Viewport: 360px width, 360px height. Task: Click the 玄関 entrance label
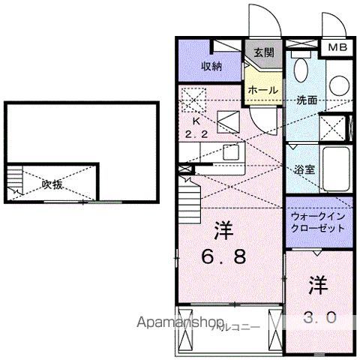click(x=262, y=52)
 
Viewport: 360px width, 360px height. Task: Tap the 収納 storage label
click(x=211, y=66)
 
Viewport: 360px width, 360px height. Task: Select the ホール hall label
click(x=263, y=89)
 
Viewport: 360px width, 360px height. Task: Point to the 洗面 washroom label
click(x=306, y=100)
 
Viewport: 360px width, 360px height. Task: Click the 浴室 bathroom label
click(x=305, y=169)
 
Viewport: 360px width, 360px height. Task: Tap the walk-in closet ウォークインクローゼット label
click(x=317, y=221)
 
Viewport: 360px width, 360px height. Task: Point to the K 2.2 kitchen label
click(x=196, y=127)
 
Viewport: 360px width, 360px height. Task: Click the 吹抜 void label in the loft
click(x=52, y=184)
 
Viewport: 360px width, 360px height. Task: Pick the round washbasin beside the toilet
click(x=337, y=82)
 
